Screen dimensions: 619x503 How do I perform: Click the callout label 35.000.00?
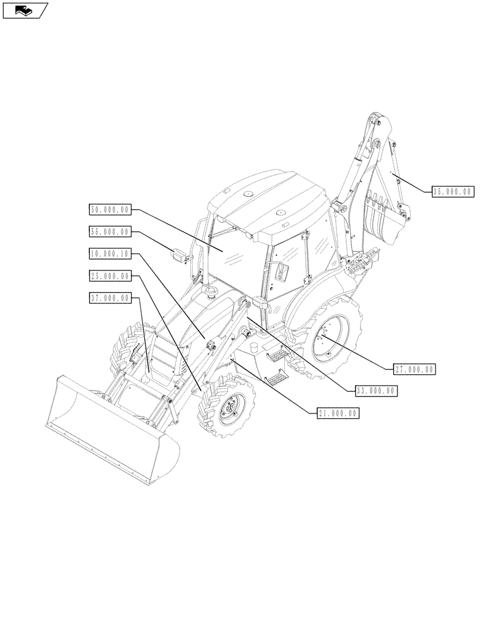pos(452,192)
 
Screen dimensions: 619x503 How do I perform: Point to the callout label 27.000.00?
pos(414,369)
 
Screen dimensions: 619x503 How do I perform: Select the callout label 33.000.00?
pos(376,391)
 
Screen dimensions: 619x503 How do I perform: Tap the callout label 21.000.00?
pos(336,413)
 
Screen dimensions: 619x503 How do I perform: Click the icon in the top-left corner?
pos(25,10)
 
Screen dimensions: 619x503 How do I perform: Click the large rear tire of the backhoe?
pos(331,337)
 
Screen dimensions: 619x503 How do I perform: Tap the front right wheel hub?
pos(231,409)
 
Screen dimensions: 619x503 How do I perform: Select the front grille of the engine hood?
pos(162,359)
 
